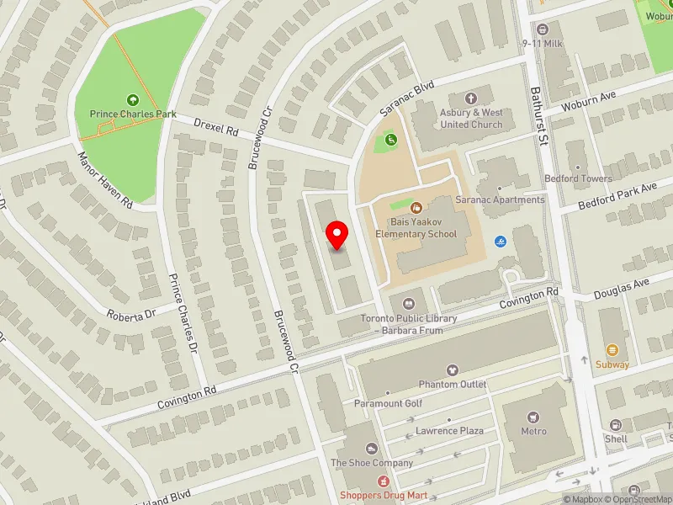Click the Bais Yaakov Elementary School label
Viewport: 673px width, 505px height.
click(416, 228)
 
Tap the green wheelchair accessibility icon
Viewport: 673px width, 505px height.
click(390, 140)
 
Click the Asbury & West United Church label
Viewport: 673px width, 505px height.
click(471, 119)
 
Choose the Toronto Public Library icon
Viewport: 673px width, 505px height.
click(408, 303)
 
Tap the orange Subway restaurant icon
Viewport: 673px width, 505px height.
click(612, 349)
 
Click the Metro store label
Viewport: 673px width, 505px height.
click(533, 432)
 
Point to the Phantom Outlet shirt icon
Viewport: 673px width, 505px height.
click(452, 370)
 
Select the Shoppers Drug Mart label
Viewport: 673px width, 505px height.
click(384, 495)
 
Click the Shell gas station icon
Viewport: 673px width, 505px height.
click(616, 425)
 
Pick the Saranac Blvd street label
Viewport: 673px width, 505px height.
click(405, 99)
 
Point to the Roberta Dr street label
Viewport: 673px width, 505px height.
click(132, 314)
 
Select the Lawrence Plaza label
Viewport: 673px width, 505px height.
click(449, 431)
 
